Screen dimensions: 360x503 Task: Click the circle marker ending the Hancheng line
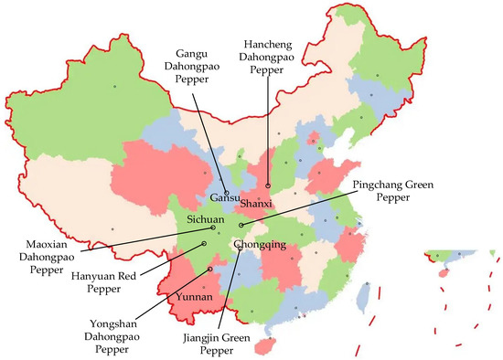[x=267, y=185]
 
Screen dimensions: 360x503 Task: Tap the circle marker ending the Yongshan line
[x=210, y=270]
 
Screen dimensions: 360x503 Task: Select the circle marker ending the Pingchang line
[x=241, y=224]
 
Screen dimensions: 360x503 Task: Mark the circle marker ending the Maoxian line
[x=212, y=228]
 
